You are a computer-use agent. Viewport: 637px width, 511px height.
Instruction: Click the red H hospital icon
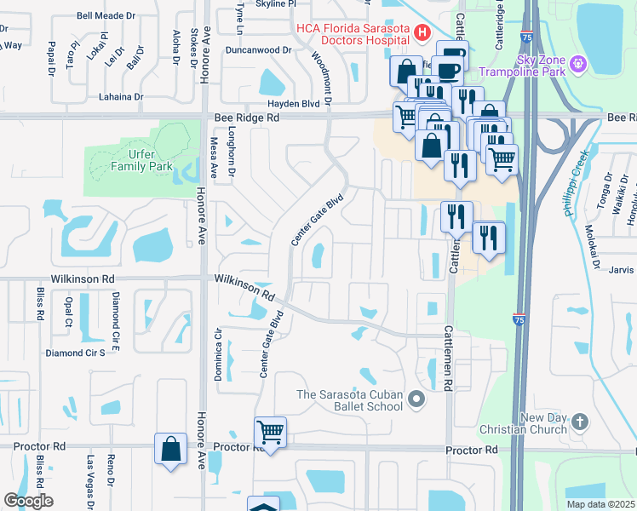pyautogui.click(x=420, y=33)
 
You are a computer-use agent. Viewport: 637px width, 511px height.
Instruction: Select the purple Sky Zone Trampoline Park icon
pyautogui.click(x=578, y=63)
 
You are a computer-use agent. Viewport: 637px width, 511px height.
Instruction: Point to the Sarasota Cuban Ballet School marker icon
pyautogui.click(x=416, y=399)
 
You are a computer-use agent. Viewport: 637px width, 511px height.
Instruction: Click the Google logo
pyautogui.click(x=28, y=501)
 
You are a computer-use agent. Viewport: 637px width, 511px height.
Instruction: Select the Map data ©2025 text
pyautogui.click(x=600, y=504)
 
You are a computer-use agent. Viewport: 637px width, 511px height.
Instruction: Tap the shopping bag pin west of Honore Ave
pyautogui.click(x=170, y=449)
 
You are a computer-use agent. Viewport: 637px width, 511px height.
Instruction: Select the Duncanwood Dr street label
pyautogui.click(x=258, y=49)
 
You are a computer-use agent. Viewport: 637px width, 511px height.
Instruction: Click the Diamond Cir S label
pyautogui.click(x=75, y=353)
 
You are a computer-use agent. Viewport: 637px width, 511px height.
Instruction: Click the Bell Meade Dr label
pyautogui.click(x=106, y=15)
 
